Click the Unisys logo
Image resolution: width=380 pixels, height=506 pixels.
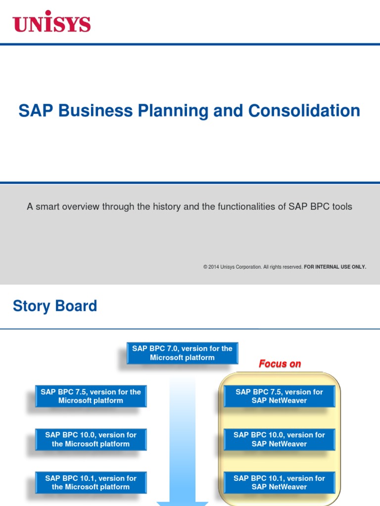tap(51, 23)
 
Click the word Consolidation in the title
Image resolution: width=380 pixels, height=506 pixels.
tap(304, 111)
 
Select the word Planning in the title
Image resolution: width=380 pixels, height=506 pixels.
tap(171, 111)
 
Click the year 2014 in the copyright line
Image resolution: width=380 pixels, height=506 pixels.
tap(213, 267)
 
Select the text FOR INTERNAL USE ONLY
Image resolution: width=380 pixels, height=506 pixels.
tap(335, 267)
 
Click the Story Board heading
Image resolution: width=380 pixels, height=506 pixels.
tap(55, 306)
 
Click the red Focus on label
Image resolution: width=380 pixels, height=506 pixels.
tap(280, 364)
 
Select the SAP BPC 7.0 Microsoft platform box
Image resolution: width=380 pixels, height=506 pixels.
tap(182, 353)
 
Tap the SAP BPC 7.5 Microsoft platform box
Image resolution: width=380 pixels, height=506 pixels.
tap(91, 396)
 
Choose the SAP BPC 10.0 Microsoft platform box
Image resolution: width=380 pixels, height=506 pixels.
tap(91, 439)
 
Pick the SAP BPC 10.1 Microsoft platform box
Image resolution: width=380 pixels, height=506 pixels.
tap(91, 483)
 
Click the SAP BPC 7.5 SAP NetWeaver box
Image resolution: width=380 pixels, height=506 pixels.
tap(279, 396)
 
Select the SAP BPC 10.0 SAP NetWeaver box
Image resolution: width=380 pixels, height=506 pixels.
tap(279, 439)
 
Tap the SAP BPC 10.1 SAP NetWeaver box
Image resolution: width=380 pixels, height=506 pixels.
tap(279, 483)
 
